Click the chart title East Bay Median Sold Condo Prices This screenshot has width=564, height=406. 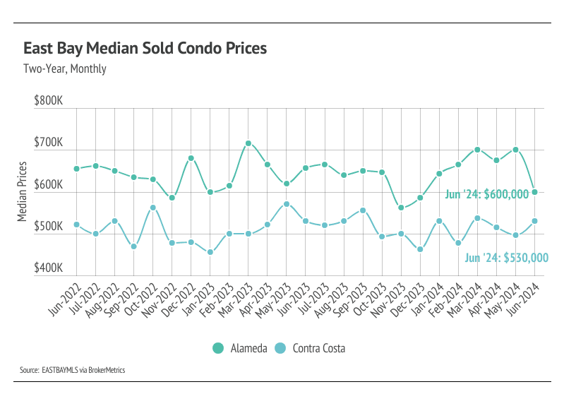(x=145, y=49)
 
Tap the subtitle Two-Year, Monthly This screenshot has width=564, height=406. (x=65, y=69)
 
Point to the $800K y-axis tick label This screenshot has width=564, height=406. (x=49, y=102)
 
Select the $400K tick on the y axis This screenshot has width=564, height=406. (x=49, y=269)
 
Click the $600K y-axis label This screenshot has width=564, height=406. (x=49, y=185)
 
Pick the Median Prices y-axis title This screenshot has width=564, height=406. (x=23, y=191)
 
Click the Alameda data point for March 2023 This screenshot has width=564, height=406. (x=248, y=143)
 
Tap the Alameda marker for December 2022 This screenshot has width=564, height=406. (x=191, y=158)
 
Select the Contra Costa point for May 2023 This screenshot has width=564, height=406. (x=287, y=204)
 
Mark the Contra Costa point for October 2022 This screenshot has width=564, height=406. (x=153, y=208)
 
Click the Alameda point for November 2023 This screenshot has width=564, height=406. (x=401, y=208)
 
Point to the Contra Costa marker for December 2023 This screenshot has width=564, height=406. (x=420, y=249)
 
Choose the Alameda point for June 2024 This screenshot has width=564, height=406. (x=534, y=192)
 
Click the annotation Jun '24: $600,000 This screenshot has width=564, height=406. (x=487, y=194)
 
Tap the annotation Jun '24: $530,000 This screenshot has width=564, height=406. (x=506, y=258)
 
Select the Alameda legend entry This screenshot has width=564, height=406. (x=239, y=348)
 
